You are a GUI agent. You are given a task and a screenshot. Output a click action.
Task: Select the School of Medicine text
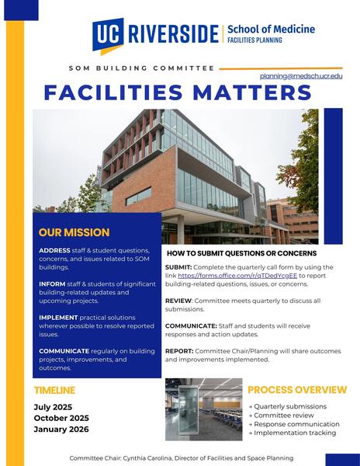pyautogui.click(x=271, y=30)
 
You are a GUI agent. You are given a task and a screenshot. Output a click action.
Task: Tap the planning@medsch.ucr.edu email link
pyautogui.click(x=301, y=76)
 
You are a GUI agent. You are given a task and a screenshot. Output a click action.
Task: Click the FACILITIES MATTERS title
pyautogui.click(x=178, y=93)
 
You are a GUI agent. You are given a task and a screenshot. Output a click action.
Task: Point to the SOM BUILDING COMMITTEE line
pyautogui.click(x=141, y=68)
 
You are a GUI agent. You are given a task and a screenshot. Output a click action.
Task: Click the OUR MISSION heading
pyautogui.click(x=74, y=232)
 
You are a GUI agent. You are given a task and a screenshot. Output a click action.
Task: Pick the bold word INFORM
pyautogui.click(x=52, y=284)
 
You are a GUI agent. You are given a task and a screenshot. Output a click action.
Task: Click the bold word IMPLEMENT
pyautogui.click(x=60, y=318)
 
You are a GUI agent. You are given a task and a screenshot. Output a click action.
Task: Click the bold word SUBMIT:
pyautogui.click(x=179, y=266)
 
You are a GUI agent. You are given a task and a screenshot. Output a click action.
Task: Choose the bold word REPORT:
pyautogui.click(x=179, y=351)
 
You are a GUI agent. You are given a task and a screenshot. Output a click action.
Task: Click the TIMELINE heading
pyautogui.click(x=54, y=390)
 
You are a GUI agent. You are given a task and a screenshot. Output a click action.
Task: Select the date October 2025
pyautogui.click(x=61, y=418)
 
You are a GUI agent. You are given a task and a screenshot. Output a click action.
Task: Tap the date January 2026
pyautogui.click(x=61, y=429)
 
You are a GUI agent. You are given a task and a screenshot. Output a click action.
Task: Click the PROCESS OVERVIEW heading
pyautogui.click(x=297, y=390)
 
